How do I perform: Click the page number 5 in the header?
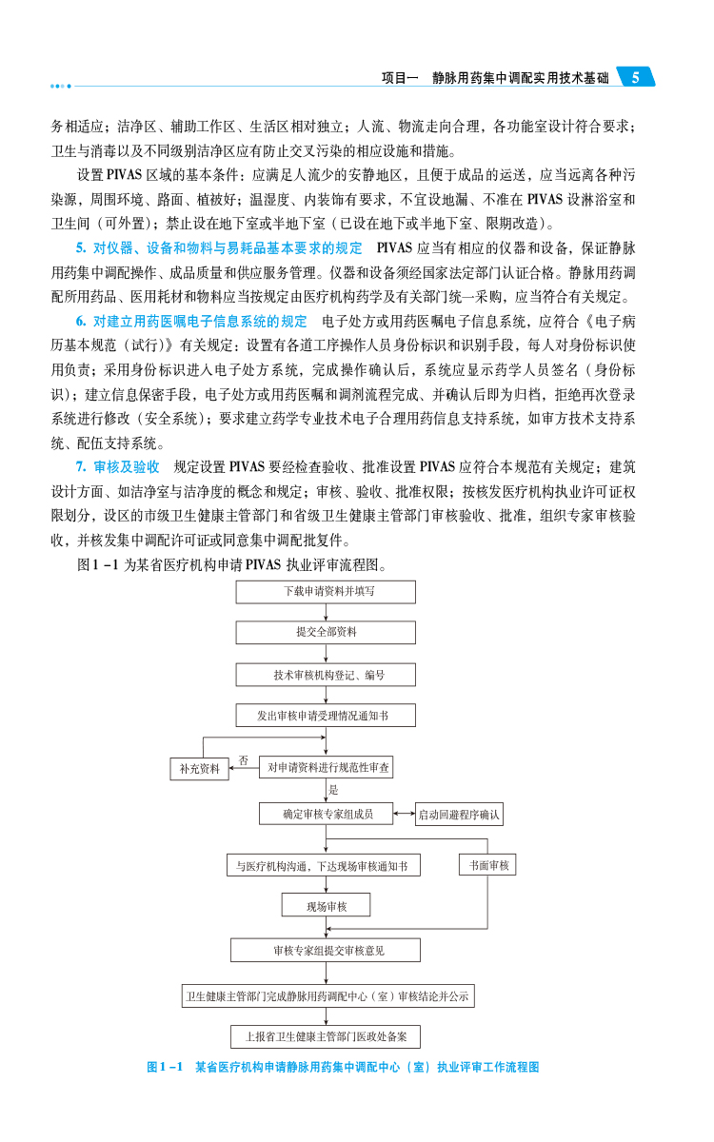click(635, 78)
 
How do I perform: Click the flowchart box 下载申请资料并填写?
click(326, 591)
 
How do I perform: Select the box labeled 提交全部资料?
click(326, 632)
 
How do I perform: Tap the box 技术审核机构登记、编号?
click(326, 675)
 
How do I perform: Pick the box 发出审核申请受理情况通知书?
click(326, 715)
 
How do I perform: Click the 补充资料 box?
click(200, 768)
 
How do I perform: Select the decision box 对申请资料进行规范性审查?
click(326, 766)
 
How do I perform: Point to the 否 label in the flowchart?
click(244, 760)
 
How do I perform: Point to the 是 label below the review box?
click(333, 790)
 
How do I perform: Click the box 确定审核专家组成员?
click(326, 814)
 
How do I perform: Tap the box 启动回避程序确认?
click(459, 815)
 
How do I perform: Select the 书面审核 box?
click(486, 865)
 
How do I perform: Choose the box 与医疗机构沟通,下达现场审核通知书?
click(323, 866)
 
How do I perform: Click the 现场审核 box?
click(326, 905)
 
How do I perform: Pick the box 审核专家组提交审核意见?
click(326, 950)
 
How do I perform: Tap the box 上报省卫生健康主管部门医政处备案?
click(326, 1036)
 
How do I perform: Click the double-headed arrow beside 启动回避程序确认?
click(404, 814)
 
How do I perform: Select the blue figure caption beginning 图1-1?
click(343, 1067)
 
